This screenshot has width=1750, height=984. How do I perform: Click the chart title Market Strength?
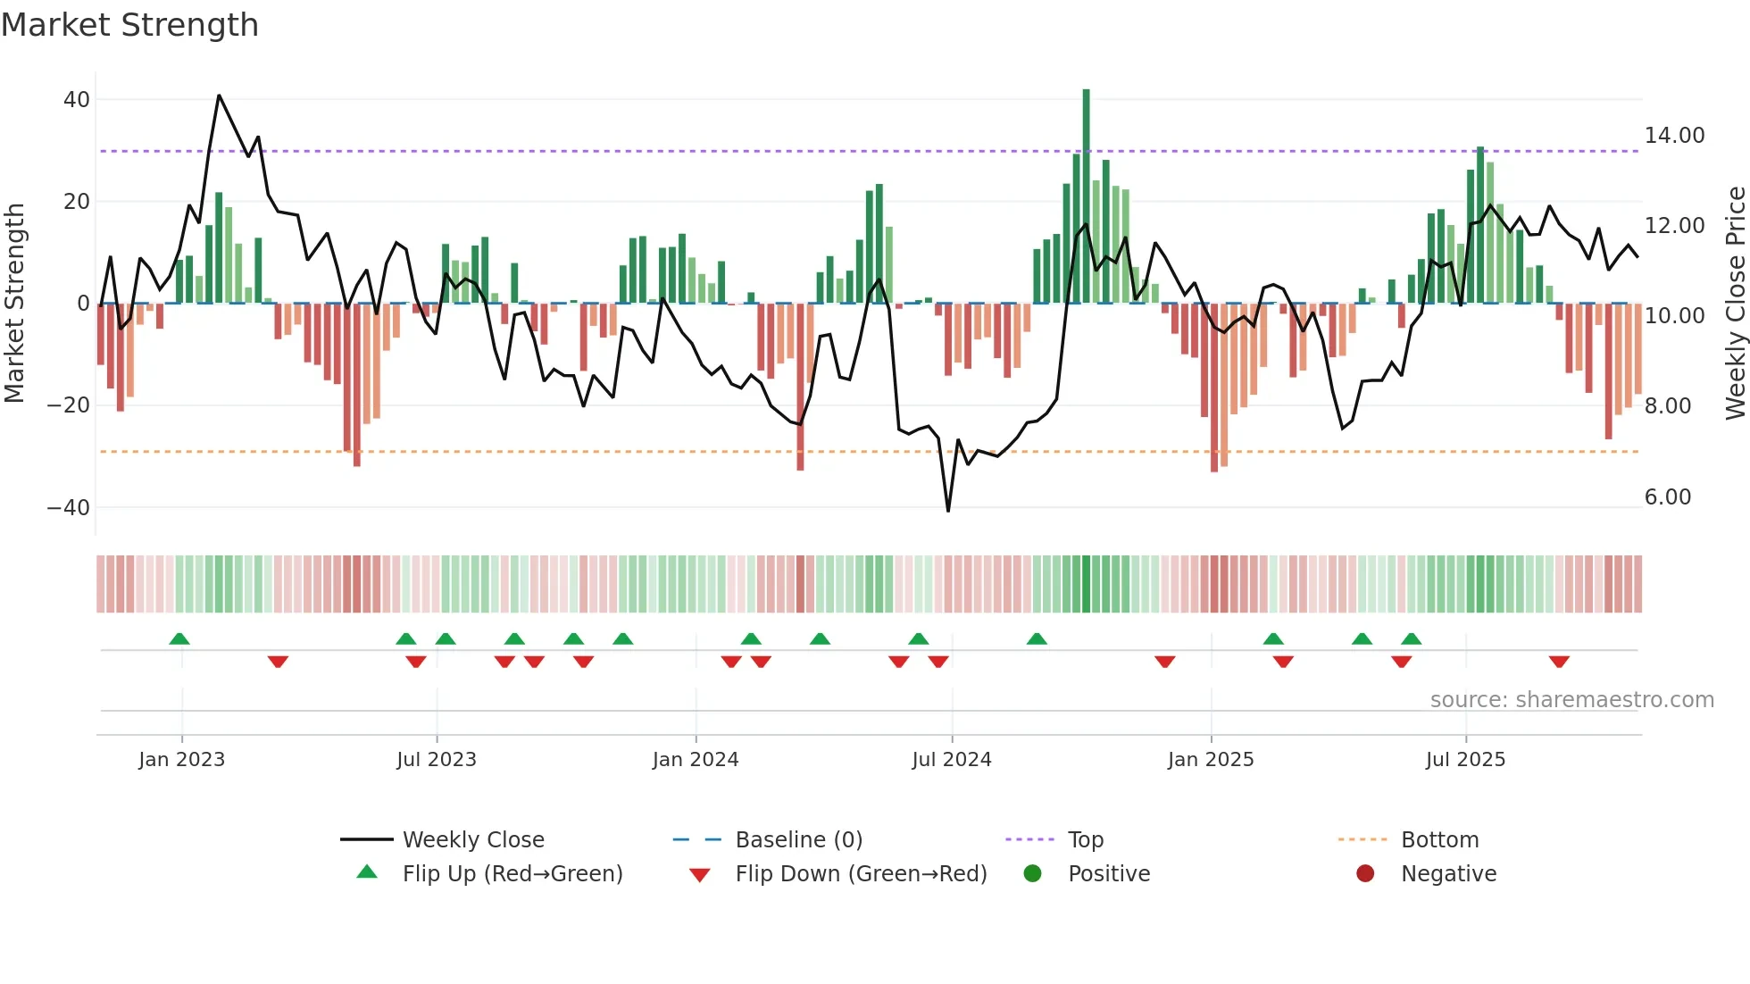click(x=129, y=25)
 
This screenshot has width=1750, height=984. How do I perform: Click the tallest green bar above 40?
click(x=1086, y=196)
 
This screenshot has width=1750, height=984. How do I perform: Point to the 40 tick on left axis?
click(x=76, y=100)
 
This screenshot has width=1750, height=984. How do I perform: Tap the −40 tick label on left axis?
click(x=69, y=508)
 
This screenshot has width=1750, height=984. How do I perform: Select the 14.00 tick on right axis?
click(x=1674, y=136)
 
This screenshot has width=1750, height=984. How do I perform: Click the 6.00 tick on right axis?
click(x=1667, y=497)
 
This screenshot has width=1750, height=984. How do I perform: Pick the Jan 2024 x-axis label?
click(x=696, y=760)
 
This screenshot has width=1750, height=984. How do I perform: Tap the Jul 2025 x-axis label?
click(x=1465, y=760)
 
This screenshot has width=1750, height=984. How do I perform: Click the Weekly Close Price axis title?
click(x=1735, y=303)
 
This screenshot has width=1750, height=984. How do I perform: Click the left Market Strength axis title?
click(x=14, y=303)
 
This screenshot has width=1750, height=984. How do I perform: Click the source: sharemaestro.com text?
click(x=1571, y=700)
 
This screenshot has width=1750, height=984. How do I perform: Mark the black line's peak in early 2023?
click(x=219, y=96)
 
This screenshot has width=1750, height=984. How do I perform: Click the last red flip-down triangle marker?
click(x=1559, y=662)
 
